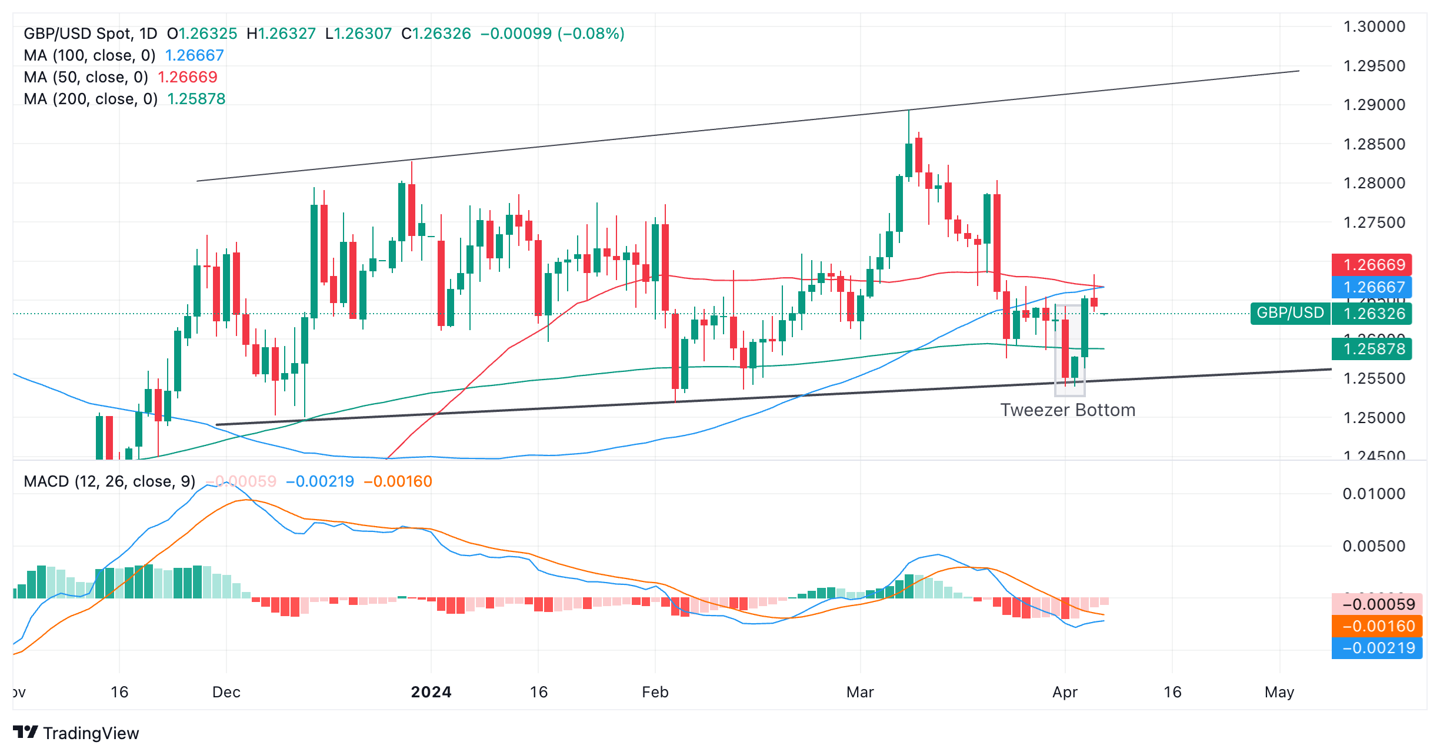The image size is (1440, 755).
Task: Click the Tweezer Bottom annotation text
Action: point(1067,410)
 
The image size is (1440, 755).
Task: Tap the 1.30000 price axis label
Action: point(1374,26)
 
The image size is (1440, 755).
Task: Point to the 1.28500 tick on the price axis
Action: point(1374,144)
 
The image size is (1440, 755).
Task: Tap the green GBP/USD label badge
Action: point(1290,312)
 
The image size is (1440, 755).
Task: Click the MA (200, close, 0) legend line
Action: point(91,99)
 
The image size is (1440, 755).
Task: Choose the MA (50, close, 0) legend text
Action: point(86,77)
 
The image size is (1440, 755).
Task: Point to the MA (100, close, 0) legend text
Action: point(89,55)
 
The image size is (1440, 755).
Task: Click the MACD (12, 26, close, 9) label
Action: point(109,481)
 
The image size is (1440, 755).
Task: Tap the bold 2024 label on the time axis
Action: point(431,692)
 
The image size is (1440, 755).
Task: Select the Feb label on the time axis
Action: point(655,692)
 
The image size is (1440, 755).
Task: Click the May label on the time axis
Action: point(1279,692)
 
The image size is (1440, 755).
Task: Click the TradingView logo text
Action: point(91,733)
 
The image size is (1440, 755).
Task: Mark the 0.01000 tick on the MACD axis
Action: point(1374,494)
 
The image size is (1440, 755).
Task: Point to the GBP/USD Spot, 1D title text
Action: point(91,34)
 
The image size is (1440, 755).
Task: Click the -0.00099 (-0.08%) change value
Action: point(552,34)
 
